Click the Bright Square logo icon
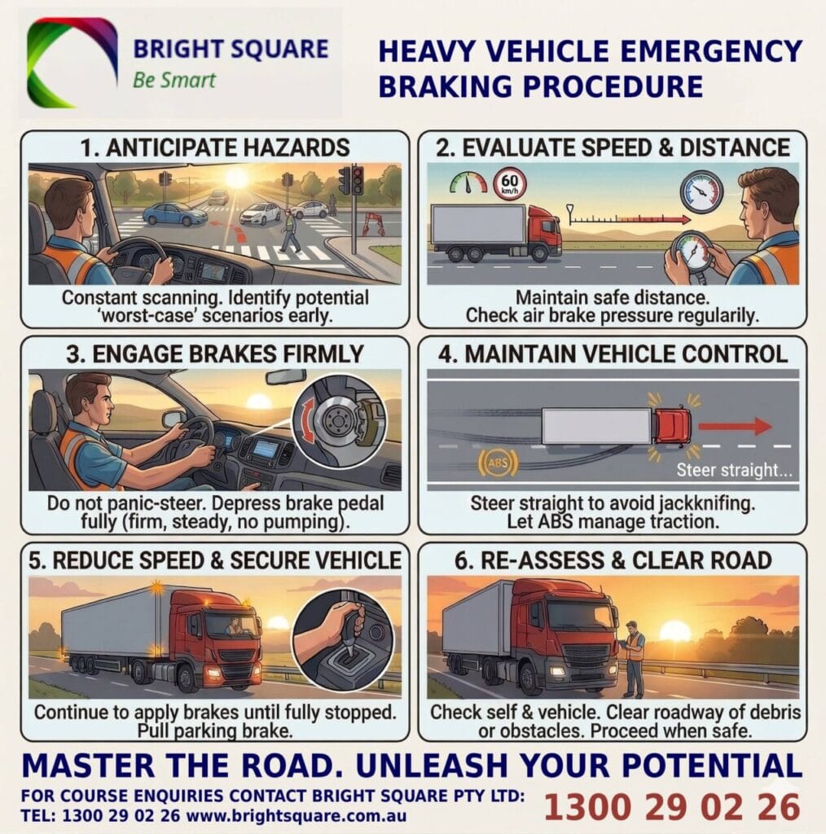72,63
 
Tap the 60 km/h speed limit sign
510,184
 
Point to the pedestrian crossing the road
289,231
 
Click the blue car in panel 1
174,214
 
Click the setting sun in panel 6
674,631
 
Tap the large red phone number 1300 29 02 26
672,807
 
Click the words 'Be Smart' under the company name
174,80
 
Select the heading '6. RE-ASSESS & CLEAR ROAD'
612,560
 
